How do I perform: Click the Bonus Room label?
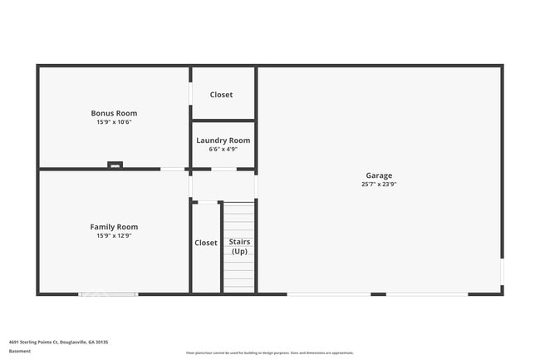[x=114, y=113]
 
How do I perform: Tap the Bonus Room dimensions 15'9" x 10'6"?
[x=114, y=122]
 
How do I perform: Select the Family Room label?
[x=114, y=227]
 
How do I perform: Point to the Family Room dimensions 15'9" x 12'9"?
[x=114, y=236]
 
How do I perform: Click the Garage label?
[x=379, y=175]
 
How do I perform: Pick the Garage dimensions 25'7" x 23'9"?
[x=379, y=185]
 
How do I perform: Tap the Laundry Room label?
[x=223, y=141]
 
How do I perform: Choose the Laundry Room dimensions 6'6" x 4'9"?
[x=223, y=150]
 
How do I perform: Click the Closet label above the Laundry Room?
[x=221, y=95]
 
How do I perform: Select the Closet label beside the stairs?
[x=206, y=243]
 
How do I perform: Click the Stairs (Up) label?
[x=239, y=247]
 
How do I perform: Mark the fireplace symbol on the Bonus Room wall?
[x=115, y=165]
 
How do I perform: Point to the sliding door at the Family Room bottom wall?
[x=108, y=293]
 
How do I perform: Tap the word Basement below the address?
[x=20, y=352]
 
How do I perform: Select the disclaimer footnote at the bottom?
[x=270, y=353]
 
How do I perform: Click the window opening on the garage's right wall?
[x=502, y=272]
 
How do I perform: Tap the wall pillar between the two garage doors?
[x=378, y=293]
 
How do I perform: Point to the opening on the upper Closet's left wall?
[x=191, y=93]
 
